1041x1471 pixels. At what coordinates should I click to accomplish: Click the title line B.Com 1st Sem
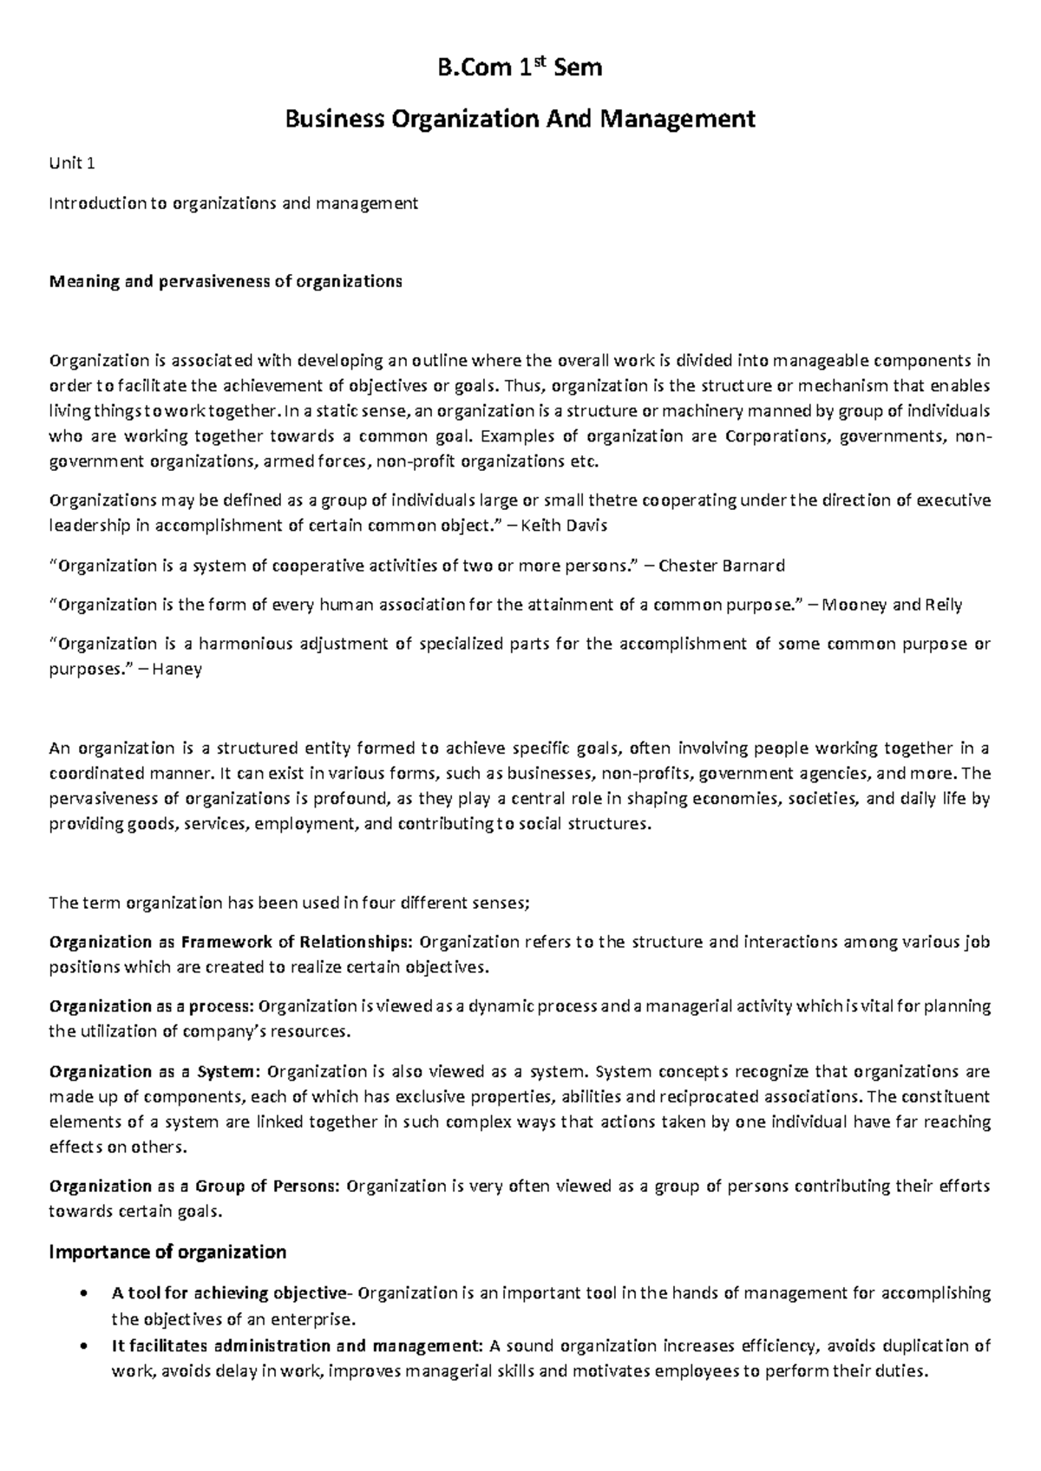click(x=520, y=67)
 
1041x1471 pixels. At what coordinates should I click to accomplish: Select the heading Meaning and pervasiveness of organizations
click(x=226, y=282)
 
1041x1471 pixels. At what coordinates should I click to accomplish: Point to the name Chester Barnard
click(x=721, y=566)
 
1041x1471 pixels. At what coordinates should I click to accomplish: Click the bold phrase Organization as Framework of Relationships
click(x=232, y=942)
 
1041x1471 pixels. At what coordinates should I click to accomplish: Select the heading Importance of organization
click(x=168, y=1252)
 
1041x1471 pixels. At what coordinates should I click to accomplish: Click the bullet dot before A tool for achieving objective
click(x=82, y=1294)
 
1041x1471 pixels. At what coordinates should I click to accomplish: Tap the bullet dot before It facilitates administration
click(x=82, y=1347)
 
